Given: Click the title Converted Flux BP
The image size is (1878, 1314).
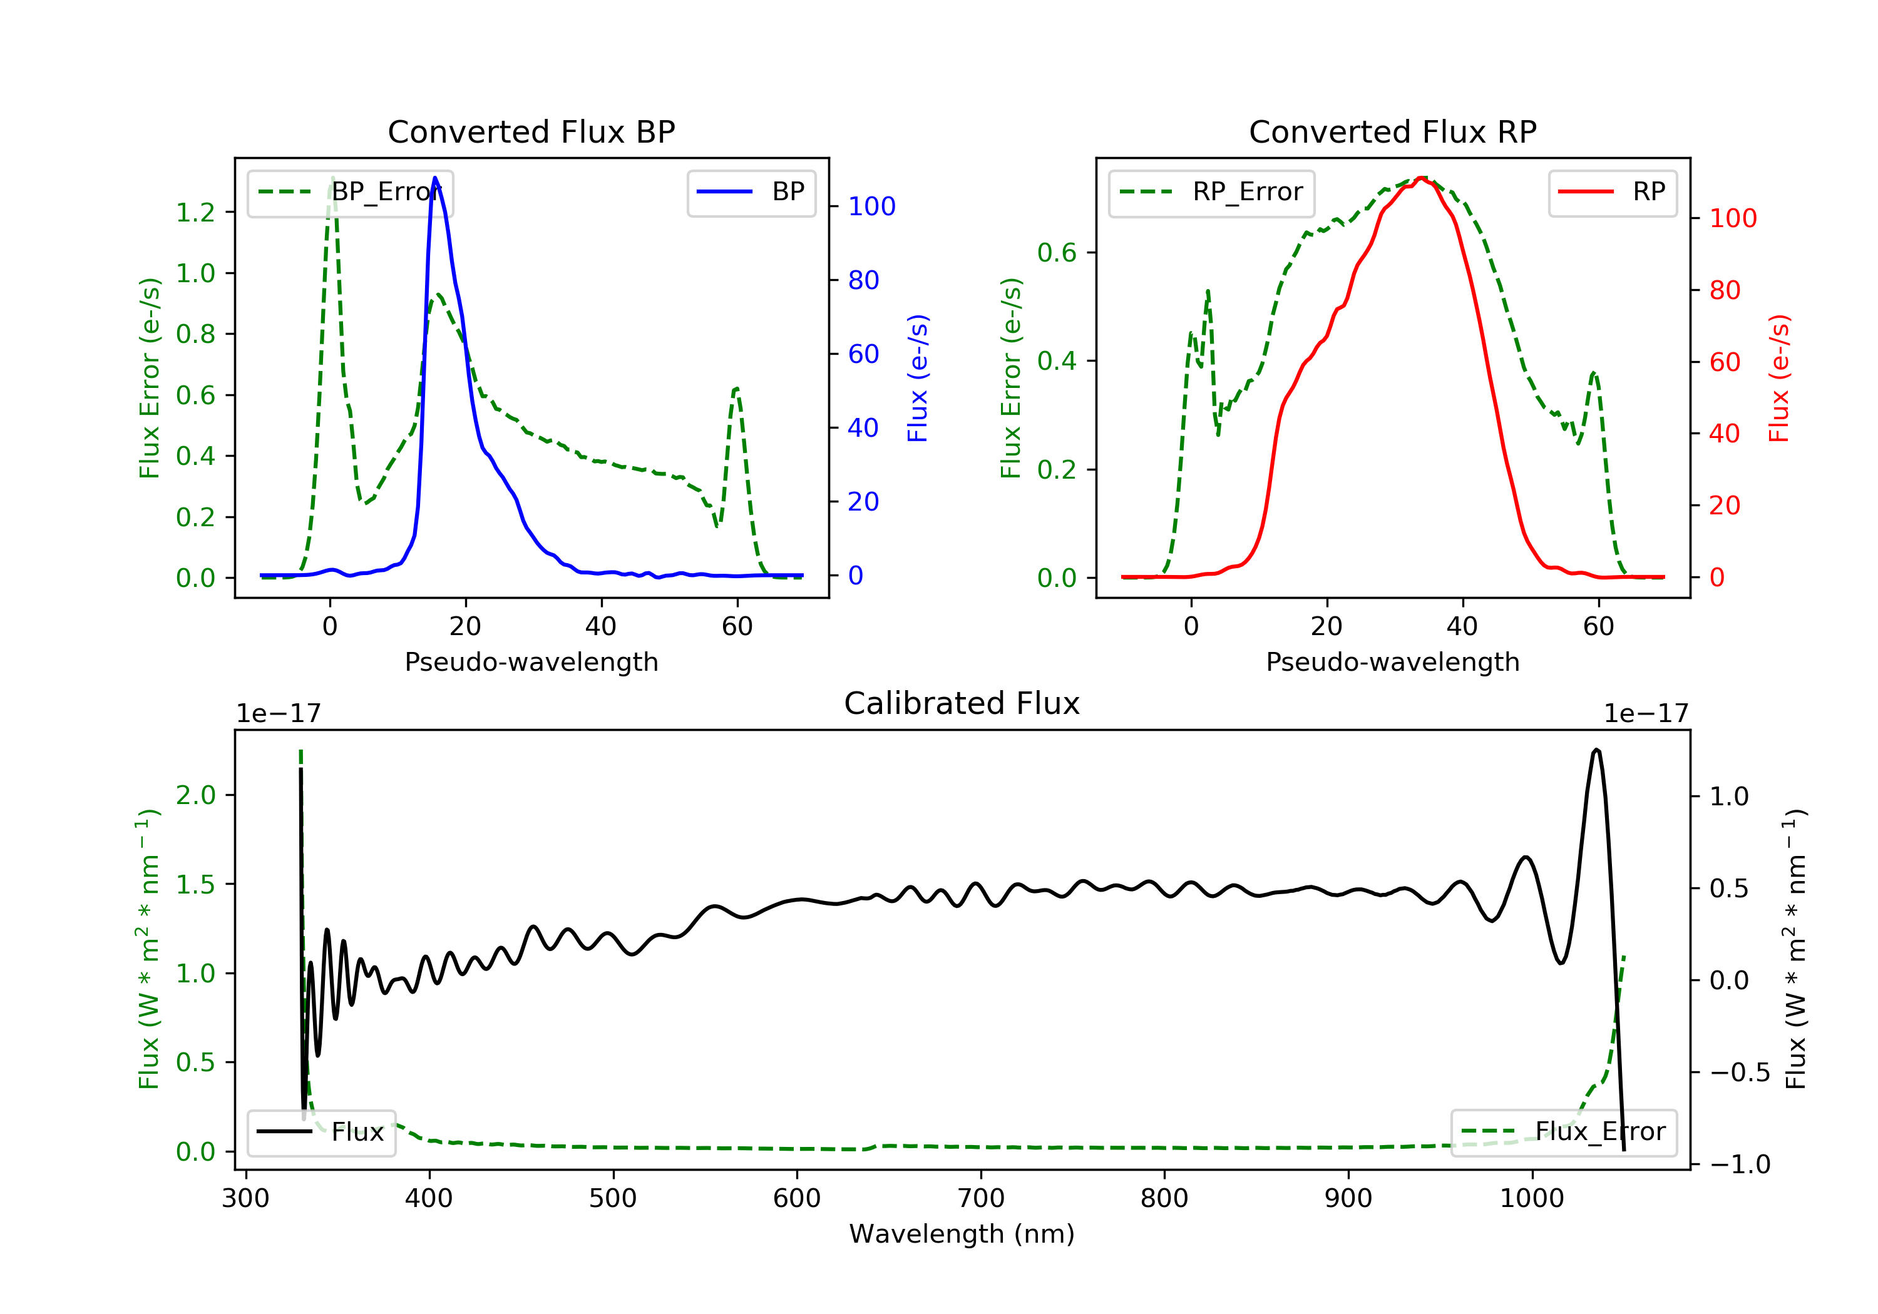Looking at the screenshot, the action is click(x=531, y=131).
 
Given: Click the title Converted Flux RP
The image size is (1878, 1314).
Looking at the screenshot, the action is click(x=1393, y=131).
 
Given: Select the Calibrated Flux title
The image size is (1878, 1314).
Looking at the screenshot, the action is click(x=962, y=703).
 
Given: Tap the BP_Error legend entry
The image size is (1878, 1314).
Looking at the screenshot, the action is click(x=350, y=193).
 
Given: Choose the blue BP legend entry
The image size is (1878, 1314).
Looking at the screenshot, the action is click(x=751, y=193).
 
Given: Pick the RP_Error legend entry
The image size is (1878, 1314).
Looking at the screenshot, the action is click(x=1211, y=193).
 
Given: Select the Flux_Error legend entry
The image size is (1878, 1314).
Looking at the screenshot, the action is click(x=1563, y=1133).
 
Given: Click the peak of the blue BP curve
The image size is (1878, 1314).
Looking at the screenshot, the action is click(x=435, y=178).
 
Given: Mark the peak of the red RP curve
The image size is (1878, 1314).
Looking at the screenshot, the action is click(x=1422, y=178).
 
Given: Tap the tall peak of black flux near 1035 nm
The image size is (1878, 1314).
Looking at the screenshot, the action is click(x=1597, y=750).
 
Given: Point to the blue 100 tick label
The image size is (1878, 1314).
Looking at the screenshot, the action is click(x=872, y=206).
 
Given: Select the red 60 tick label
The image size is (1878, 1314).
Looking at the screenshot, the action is click(x=1725, y=362).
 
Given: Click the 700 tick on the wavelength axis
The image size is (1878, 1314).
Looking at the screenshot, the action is click(x=981, y=1199).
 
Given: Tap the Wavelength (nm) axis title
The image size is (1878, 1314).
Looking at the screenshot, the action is click(x=962, y=1234).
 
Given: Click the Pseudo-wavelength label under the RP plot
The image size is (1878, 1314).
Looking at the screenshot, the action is click(x=1393, y=661).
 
